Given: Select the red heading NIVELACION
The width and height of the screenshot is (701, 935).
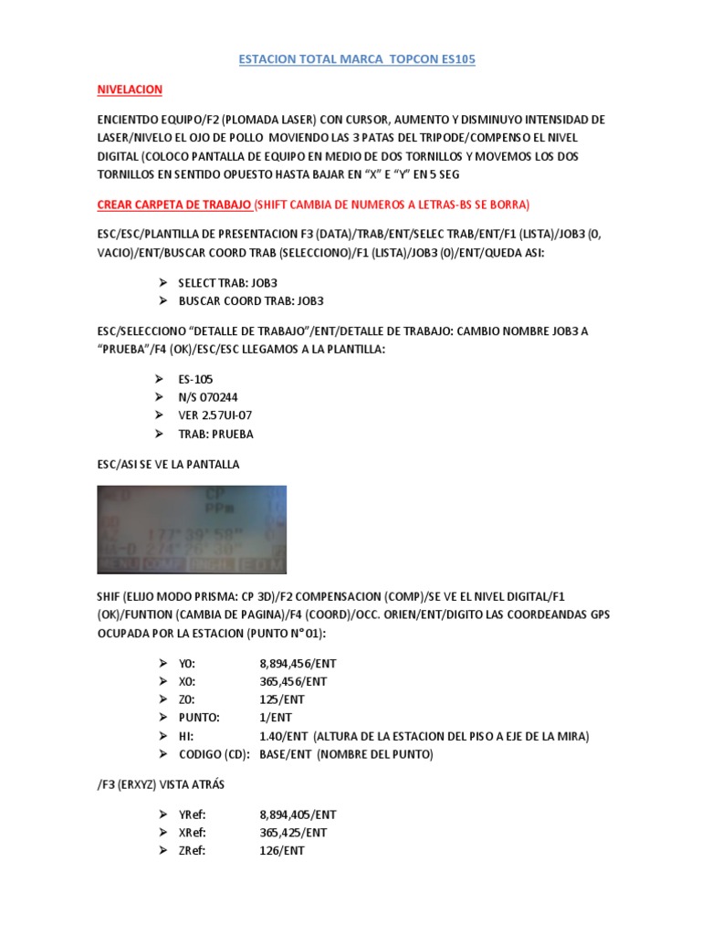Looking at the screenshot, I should pyautogui.click(x=130, y=89).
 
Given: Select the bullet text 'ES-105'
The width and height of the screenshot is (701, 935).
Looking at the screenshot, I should pyautogui.click(x=198, y=378).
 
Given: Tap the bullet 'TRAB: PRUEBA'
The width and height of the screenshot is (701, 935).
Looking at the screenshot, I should pyautogui.click(x=217, y=433).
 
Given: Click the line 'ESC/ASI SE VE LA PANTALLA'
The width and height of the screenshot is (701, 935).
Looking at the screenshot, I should pyautogui.click(x=168, y=464).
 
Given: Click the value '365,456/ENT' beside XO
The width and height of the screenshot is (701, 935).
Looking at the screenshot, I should pyautogui.click(x=293, y=681).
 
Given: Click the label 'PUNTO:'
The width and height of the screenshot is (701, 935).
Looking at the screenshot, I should pyautogui.click(x=200, y=718).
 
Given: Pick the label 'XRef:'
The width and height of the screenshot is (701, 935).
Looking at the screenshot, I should pyautogui.click(x=193, y=833).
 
